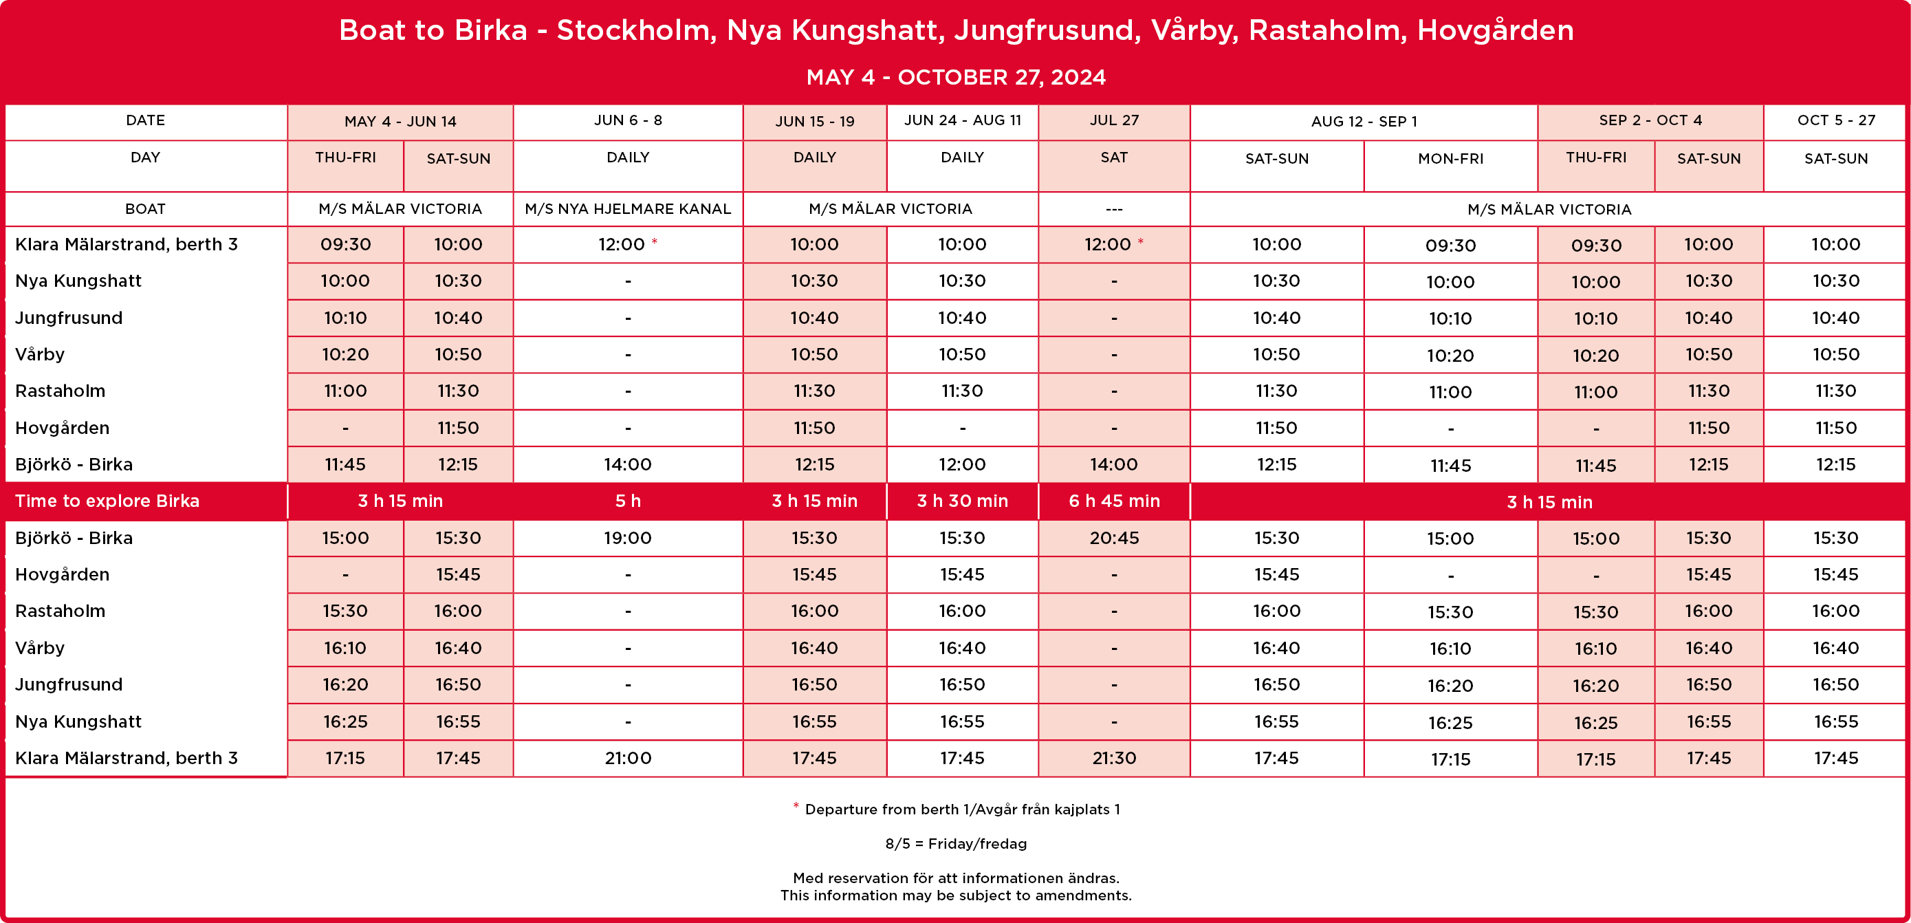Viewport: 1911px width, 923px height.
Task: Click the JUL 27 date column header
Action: click(x=1113, y=120)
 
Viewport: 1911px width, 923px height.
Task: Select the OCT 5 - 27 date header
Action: click(x=1835, y=120)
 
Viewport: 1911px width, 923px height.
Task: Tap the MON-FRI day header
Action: click(x=1450, y=158)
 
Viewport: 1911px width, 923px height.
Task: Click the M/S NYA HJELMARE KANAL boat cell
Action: click(x=628, y=208)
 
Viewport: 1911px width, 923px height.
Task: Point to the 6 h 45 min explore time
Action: click(x=1113, y=501)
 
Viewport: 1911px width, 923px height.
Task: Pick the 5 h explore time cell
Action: click(x=628, y=501)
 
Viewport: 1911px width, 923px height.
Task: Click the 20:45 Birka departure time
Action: click(x=1113, y=538)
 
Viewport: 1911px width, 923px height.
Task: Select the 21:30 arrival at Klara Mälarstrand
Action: click(x=1113, y=757)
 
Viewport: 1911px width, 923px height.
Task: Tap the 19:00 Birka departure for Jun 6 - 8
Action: click(x=628, y=538)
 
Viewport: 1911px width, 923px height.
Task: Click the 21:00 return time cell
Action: click(x=628, y=757)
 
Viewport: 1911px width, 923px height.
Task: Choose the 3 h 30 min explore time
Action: click(x=962, y=501)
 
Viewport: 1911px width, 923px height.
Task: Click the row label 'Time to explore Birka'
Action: click(x=107, y=501)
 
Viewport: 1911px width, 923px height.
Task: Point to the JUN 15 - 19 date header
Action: click(x=815, y=121)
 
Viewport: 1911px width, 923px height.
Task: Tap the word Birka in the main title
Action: click(x=490, y=30)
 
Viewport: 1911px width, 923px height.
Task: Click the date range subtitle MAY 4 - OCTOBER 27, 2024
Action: click(x=956, y=77)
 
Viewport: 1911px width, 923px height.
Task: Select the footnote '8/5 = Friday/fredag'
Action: click(x=956, y=844)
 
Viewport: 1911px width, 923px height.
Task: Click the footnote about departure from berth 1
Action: click(x=961, y=810)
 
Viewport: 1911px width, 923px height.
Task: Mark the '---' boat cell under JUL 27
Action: click(x=1113, y=209)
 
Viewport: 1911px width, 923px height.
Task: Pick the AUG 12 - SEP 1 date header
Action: click(x=1364, y=121)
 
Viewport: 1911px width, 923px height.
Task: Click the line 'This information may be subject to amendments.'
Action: click(x=956, y=895)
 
